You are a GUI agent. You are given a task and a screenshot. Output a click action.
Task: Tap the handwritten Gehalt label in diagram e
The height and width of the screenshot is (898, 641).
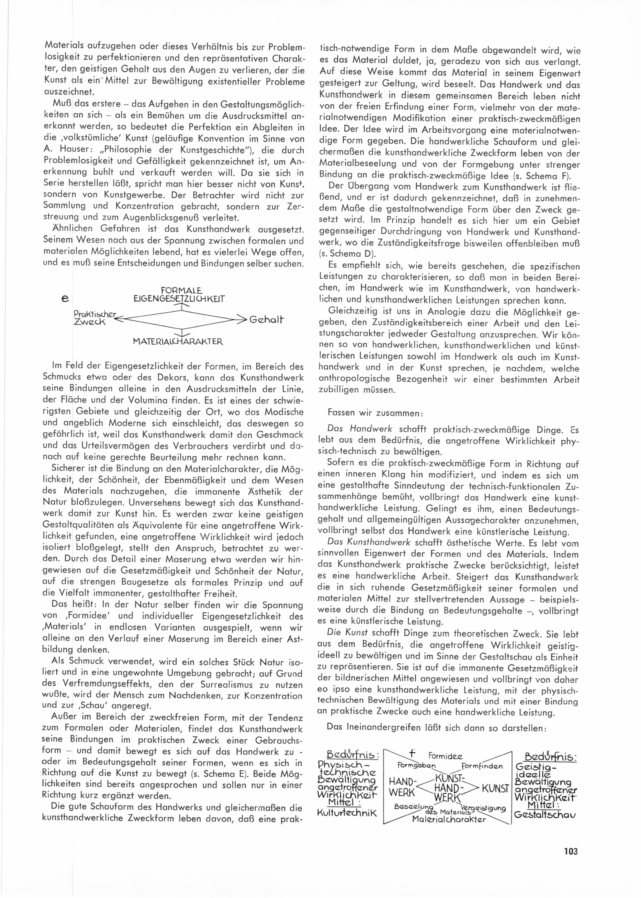(266, 319)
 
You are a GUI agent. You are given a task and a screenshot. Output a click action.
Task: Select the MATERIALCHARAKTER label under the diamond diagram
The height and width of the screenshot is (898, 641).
(178, 341)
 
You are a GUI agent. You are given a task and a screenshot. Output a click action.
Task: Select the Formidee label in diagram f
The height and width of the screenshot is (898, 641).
(445, 757)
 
